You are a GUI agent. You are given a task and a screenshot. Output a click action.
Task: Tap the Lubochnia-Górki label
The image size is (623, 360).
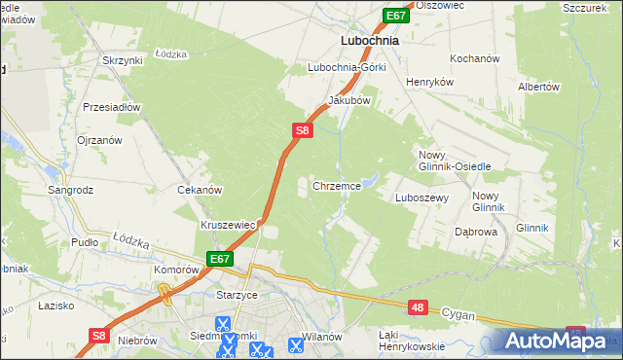click(x=347, y=68)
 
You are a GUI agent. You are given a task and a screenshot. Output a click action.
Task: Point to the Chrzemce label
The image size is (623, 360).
click(x=337, y=185)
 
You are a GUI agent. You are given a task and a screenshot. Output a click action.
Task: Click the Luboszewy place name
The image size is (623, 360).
click(x=421, y=197)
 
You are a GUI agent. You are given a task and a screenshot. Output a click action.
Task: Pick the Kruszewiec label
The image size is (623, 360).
click(x=228, y=225)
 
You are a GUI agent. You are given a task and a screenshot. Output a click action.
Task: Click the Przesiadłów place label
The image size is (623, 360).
click(x=113, y=107)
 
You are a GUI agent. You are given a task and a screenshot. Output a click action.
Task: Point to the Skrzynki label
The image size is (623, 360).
click(x=122, y=60)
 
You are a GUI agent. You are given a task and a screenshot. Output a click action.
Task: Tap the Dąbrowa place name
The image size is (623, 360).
click(x=476, y=233)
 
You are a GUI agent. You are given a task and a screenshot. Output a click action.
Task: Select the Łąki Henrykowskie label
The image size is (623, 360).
click(x=411, y=340)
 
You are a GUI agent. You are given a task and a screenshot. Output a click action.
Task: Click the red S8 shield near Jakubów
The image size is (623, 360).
click(x=302, y=129)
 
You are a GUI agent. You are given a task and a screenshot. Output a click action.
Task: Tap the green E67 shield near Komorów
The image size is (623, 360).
click(x=218, y=259)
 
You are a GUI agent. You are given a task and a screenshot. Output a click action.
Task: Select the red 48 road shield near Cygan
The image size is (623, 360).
click(x=417, y=307)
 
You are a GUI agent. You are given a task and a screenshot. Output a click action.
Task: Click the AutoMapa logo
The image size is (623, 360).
click(x=554, y=342)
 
